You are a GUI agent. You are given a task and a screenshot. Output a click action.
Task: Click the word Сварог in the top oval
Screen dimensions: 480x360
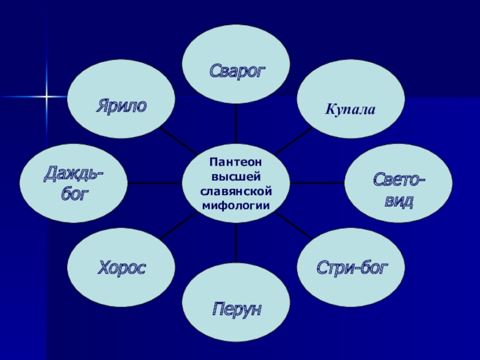tap(236, 70)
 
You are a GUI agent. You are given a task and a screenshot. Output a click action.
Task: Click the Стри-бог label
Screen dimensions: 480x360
tap(352, 268)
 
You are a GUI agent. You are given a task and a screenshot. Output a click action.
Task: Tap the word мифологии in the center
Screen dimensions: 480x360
tap(236, 205)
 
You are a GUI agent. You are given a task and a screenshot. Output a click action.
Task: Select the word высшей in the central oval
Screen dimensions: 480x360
tap(236, 176)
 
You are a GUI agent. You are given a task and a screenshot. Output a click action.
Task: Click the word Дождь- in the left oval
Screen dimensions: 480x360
tap(73, 175)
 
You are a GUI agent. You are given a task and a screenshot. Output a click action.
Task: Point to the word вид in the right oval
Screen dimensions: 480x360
tap(398, 200)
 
